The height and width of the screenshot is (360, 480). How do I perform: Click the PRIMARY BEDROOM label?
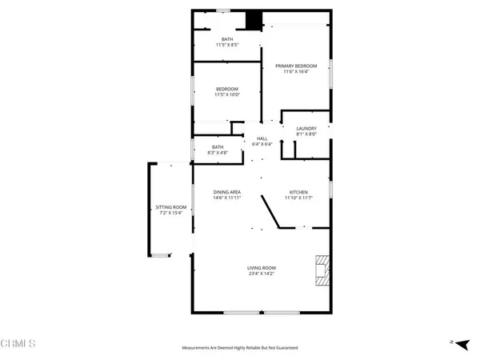297,66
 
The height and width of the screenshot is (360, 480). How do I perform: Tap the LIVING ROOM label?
262,268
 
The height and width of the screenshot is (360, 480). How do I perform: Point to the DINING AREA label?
227,192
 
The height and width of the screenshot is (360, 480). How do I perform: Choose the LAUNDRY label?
306,129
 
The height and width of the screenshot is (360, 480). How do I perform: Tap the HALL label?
261,138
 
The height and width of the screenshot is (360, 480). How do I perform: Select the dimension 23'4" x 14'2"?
262,274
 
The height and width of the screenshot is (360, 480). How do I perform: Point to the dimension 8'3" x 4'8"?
218,152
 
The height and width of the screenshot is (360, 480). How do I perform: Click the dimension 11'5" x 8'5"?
227,45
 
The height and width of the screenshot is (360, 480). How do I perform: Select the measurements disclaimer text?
240,348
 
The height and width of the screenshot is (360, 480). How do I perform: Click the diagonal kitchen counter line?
270,211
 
